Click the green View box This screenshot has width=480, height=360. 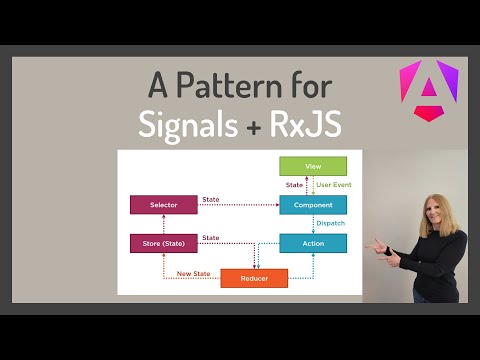click(x=313, y=167)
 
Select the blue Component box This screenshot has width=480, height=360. click(x=313, y=205)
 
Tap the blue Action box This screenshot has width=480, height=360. click(x=313, y=243)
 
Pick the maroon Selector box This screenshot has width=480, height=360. click(x=163, y=205)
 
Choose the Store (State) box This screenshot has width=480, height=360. click(x=163, y=243)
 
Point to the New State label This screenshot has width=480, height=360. click(x=192, y=273)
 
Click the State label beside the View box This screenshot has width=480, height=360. click(x=294, y=185)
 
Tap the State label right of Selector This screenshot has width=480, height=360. click(x=210, y=199)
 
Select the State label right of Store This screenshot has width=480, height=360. click(x=210, y=237)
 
